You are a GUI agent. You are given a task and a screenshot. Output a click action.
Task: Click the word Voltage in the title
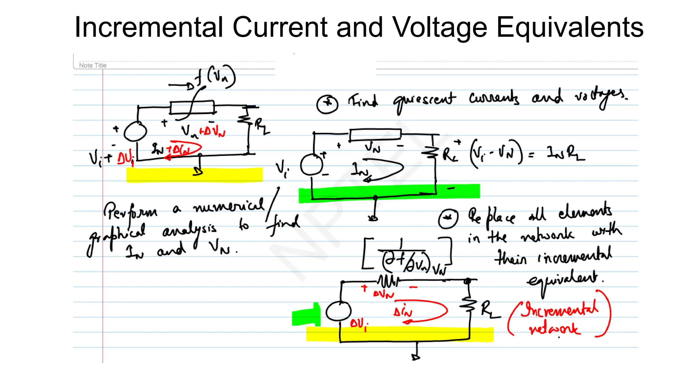coord(440,28)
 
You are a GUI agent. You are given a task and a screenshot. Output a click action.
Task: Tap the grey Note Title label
coord(93,65)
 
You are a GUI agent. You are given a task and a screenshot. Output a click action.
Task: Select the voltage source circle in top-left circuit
coord(135,131)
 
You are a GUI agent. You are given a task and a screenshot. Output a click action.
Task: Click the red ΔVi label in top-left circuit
coord(126,158)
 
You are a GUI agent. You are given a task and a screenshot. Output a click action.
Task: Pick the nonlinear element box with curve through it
coord(192,107)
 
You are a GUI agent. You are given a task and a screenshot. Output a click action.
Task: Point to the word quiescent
coord(424,100)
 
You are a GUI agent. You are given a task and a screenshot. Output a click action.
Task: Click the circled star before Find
coord(327,103)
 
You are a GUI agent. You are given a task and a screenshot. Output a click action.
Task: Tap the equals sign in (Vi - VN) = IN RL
coord(531,155)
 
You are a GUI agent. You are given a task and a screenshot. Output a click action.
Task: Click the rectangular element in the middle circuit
coord(375,134)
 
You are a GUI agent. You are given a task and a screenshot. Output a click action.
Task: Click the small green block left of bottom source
coord(306,316)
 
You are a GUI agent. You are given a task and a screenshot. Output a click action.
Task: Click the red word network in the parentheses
coord(554,328)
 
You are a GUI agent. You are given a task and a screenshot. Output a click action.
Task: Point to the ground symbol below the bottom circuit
coord(416,357)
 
